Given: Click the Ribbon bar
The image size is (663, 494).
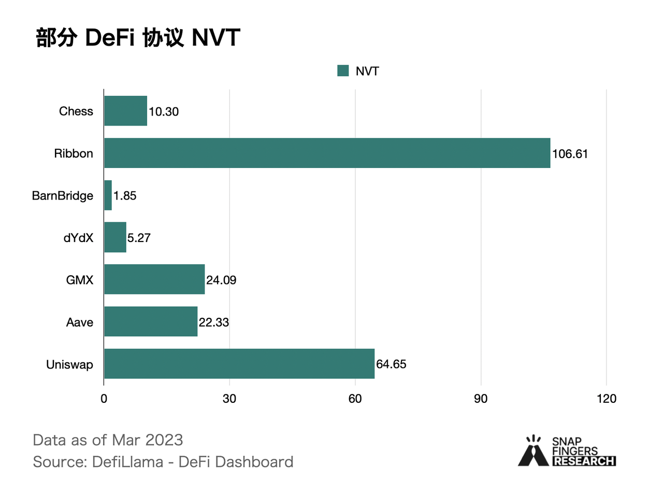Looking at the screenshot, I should point(327,153).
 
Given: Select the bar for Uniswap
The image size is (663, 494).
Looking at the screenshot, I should point(239,364).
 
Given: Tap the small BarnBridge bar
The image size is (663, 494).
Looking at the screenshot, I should point(108,195).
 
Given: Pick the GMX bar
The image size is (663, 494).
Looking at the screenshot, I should point(154,279).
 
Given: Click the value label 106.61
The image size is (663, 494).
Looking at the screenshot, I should point(570,154).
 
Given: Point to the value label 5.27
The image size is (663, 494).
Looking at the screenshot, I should point(139,238).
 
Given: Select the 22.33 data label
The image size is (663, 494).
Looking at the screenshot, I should point(213,322).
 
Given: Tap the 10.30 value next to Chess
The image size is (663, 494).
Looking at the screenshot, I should point(164,111).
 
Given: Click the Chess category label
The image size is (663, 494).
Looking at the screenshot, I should point(76,111).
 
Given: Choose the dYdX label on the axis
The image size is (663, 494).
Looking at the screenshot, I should point(78,238).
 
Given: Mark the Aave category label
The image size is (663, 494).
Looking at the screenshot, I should point(80,322).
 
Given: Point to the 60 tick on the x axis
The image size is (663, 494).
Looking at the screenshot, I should point(355,399).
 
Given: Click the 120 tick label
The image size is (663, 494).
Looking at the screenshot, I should point(606,399).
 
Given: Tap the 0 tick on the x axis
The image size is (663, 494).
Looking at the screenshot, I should point(104,399).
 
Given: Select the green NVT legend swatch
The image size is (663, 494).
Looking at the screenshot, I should point(343,71).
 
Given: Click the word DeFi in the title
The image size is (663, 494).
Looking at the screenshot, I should point(109,38).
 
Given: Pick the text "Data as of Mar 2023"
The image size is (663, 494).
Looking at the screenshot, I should point(108,440).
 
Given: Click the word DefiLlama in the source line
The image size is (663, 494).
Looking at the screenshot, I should point(127,462).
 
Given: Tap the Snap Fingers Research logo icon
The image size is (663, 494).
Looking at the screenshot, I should point(533,451).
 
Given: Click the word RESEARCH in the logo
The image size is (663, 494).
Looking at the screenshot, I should point(584,461).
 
